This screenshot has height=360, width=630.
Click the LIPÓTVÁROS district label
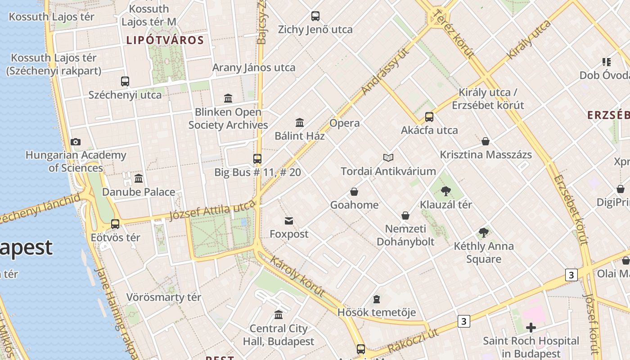click(165, 40)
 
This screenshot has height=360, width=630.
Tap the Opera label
click(345, 123)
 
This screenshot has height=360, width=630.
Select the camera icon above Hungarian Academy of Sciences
click(76, 142)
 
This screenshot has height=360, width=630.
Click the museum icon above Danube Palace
click(139, 179)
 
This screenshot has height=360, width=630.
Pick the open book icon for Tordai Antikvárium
click(388, 157)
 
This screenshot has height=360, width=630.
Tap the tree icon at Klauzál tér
click(446, 191)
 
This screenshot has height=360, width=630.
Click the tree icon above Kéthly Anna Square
click(484, 233)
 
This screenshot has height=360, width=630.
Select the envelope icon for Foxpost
click(289, 220)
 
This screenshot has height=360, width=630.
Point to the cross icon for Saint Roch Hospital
click(531, 328)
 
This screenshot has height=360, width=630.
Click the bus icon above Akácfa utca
click(429, 117)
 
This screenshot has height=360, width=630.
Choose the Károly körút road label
click(298, 276)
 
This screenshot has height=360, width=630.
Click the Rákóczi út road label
click(413, 341)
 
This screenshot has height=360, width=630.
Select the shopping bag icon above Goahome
click(354, 192)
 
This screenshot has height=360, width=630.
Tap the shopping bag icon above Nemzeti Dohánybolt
click(405, 216)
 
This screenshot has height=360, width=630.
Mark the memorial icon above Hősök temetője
click(377, 299)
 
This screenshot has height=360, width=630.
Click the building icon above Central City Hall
click(279, 315)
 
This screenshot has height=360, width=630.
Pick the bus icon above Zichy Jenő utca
click(315, 16)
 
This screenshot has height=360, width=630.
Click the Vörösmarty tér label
click(164, 297)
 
